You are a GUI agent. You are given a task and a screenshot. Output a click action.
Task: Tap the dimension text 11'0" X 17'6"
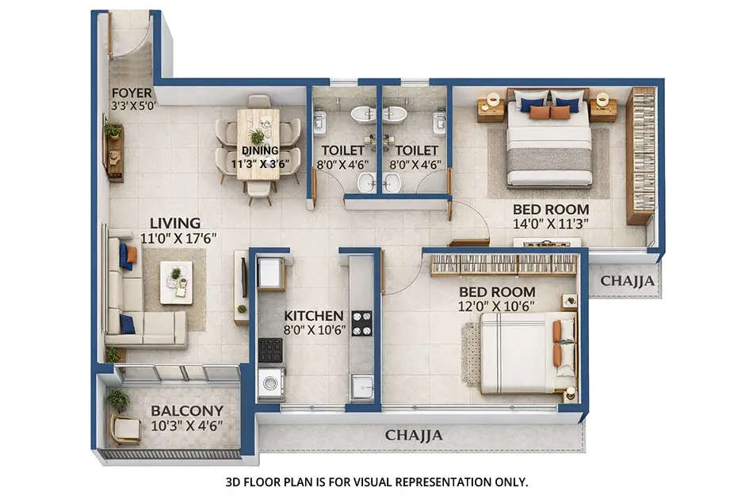[x=178, y=237]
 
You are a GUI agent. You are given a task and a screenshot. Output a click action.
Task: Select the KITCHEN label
[x=314, y=315]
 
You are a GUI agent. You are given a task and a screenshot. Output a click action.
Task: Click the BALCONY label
[x=187, y=411]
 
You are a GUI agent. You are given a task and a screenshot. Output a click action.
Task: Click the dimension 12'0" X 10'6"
[x=497, y=306]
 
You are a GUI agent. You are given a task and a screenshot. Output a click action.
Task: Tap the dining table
[x=258, y=143]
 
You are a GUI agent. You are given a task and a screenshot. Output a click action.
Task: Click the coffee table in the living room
[x=176, y=282]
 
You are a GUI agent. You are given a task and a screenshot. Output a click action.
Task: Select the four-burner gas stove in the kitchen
[x=361, y=322]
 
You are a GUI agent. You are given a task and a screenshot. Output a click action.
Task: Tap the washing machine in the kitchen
[x=270, y=383]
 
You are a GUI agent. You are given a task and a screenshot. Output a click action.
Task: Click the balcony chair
[x=125, y=429]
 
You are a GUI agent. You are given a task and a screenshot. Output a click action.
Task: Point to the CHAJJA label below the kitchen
[x=414, y=436]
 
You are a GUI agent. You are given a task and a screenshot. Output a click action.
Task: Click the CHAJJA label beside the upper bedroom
[x=628, y=280]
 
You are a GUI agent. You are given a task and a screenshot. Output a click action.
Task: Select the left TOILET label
[x=342, y=150]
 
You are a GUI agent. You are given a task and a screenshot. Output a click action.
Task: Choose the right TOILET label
[x=416, y=150]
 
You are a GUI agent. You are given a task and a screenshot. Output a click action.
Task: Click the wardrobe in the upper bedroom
[x=640, y=155]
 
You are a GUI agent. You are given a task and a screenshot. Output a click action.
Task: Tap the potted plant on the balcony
[x=117, y=398]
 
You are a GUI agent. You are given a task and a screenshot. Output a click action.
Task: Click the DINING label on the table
[x=260, y=150]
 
